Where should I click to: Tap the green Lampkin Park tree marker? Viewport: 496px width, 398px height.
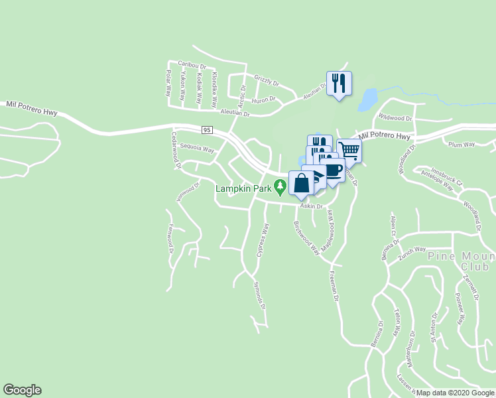(x=280, y=188)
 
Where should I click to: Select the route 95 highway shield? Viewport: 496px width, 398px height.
(x=207, y=129)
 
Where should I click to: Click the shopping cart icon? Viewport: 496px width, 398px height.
(x=349, y=150)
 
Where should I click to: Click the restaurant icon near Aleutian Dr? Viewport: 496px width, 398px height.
(x=339, y=83)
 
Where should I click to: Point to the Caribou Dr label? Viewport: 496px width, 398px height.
(x=192, y=66)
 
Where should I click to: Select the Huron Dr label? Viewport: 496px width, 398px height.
(x=265, y=100)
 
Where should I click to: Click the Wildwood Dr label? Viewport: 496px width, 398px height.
(x=395, y=117)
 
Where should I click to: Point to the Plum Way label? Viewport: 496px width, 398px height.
(x=462, y=144)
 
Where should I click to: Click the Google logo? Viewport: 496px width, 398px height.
(x=22, y=390)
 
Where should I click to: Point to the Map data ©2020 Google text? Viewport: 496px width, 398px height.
(x=455, y=393)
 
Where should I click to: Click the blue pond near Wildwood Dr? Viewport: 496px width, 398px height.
(x=367, y=100)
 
